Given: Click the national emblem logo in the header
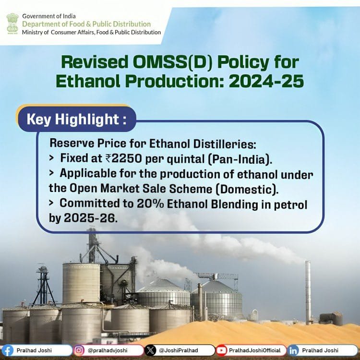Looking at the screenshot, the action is [x=12, y=24].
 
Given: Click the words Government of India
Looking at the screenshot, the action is [x=48, y=16].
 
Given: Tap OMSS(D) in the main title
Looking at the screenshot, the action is [x=173, y=62].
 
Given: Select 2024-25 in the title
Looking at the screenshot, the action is [x=266, y=81].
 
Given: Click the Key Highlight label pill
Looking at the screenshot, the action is [x=77, y=119].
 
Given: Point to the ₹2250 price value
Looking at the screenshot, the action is [x=123, y=158].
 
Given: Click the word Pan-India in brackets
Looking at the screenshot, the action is [x=239, y=159].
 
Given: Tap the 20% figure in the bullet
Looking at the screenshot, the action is [x=150, y=204].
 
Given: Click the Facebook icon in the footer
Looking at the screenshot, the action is [x=7, y=351].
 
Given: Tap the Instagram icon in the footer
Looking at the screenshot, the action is [x=79, y=350].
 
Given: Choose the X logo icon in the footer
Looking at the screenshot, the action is [x=150, y=350].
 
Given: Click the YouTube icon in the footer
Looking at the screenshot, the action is [x=221, y=350].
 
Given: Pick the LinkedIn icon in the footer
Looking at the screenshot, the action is [x=293, y=350].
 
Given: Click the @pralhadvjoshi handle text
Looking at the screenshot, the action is [x=108, y=350].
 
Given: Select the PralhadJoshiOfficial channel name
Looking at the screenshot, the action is [x=254, y=350].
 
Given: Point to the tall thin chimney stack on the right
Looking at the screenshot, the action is [x=308, y=292].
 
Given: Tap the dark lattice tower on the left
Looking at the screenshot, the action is [x=43, y=286].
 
